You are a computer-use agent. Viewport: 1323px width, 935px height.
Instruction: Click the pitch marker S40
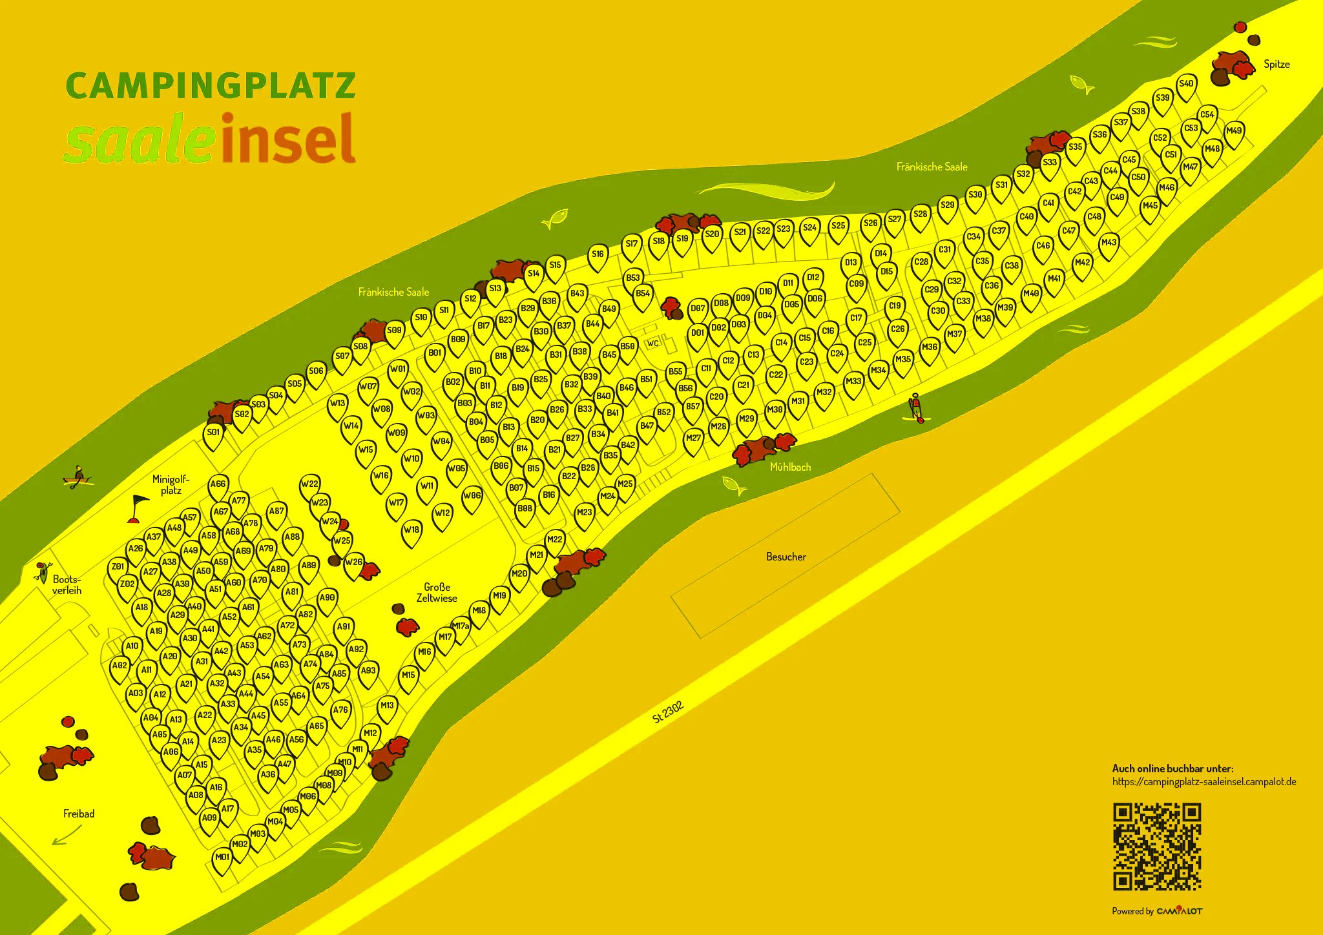(x=1186, y=85)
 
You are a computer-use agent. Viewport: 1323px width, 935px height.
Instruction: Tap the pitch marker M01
(x=222, y=858)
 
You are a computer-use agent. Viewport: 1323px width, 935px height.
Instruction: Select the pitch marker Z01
(x=118, y=568)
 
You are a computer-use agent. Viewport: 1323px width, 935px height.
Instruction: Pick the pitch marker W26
(x=353, y=563)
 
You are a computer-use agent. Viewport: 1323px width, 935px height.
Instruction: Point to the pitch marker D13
(x=851, y=263)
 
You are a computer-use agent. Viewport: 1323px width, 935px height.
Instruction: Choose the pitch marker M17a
(x=461, y=627)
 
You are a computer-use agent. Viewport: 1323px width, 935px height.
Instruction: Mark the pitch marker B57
(x=693, y=407)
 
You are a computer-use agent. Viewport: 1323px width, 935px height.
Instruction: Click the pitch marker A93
(x=368, y=672)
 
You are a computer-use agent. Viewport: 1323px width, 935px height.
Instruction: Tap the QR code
(x=1157, y=847)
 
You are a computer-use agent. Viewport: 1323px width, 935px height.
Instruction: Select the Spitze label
(x=1276, y=65)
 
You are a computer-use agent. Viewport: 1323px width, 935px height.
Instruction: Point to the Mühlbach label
(x=790, y=467)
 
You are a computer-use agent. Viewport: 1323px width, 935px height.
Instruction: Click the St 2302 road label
(x=667, y=712)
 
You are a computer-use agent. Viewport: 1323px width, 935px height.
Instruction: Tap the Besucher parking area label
(x=786, y=557)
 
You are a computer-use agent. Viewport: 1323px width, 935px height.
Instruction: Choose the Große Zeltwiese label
(x=437, y=593)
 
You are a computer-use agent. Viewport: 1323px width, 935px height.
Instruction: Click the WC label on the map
(x=653, y=343)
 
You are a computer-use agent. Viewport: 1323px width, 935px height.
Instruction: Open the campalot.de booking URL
(x=1203, y=782)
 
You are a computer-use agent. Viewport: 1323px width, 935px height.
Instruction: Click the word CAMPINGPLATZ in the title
(x=211, y=86)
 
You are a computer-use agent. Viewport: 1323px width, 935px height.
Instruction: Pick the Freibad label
(x=79, y=814)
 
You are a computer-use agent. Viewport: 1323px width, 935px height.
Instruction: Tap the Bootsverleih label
(x=67, y=585)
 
